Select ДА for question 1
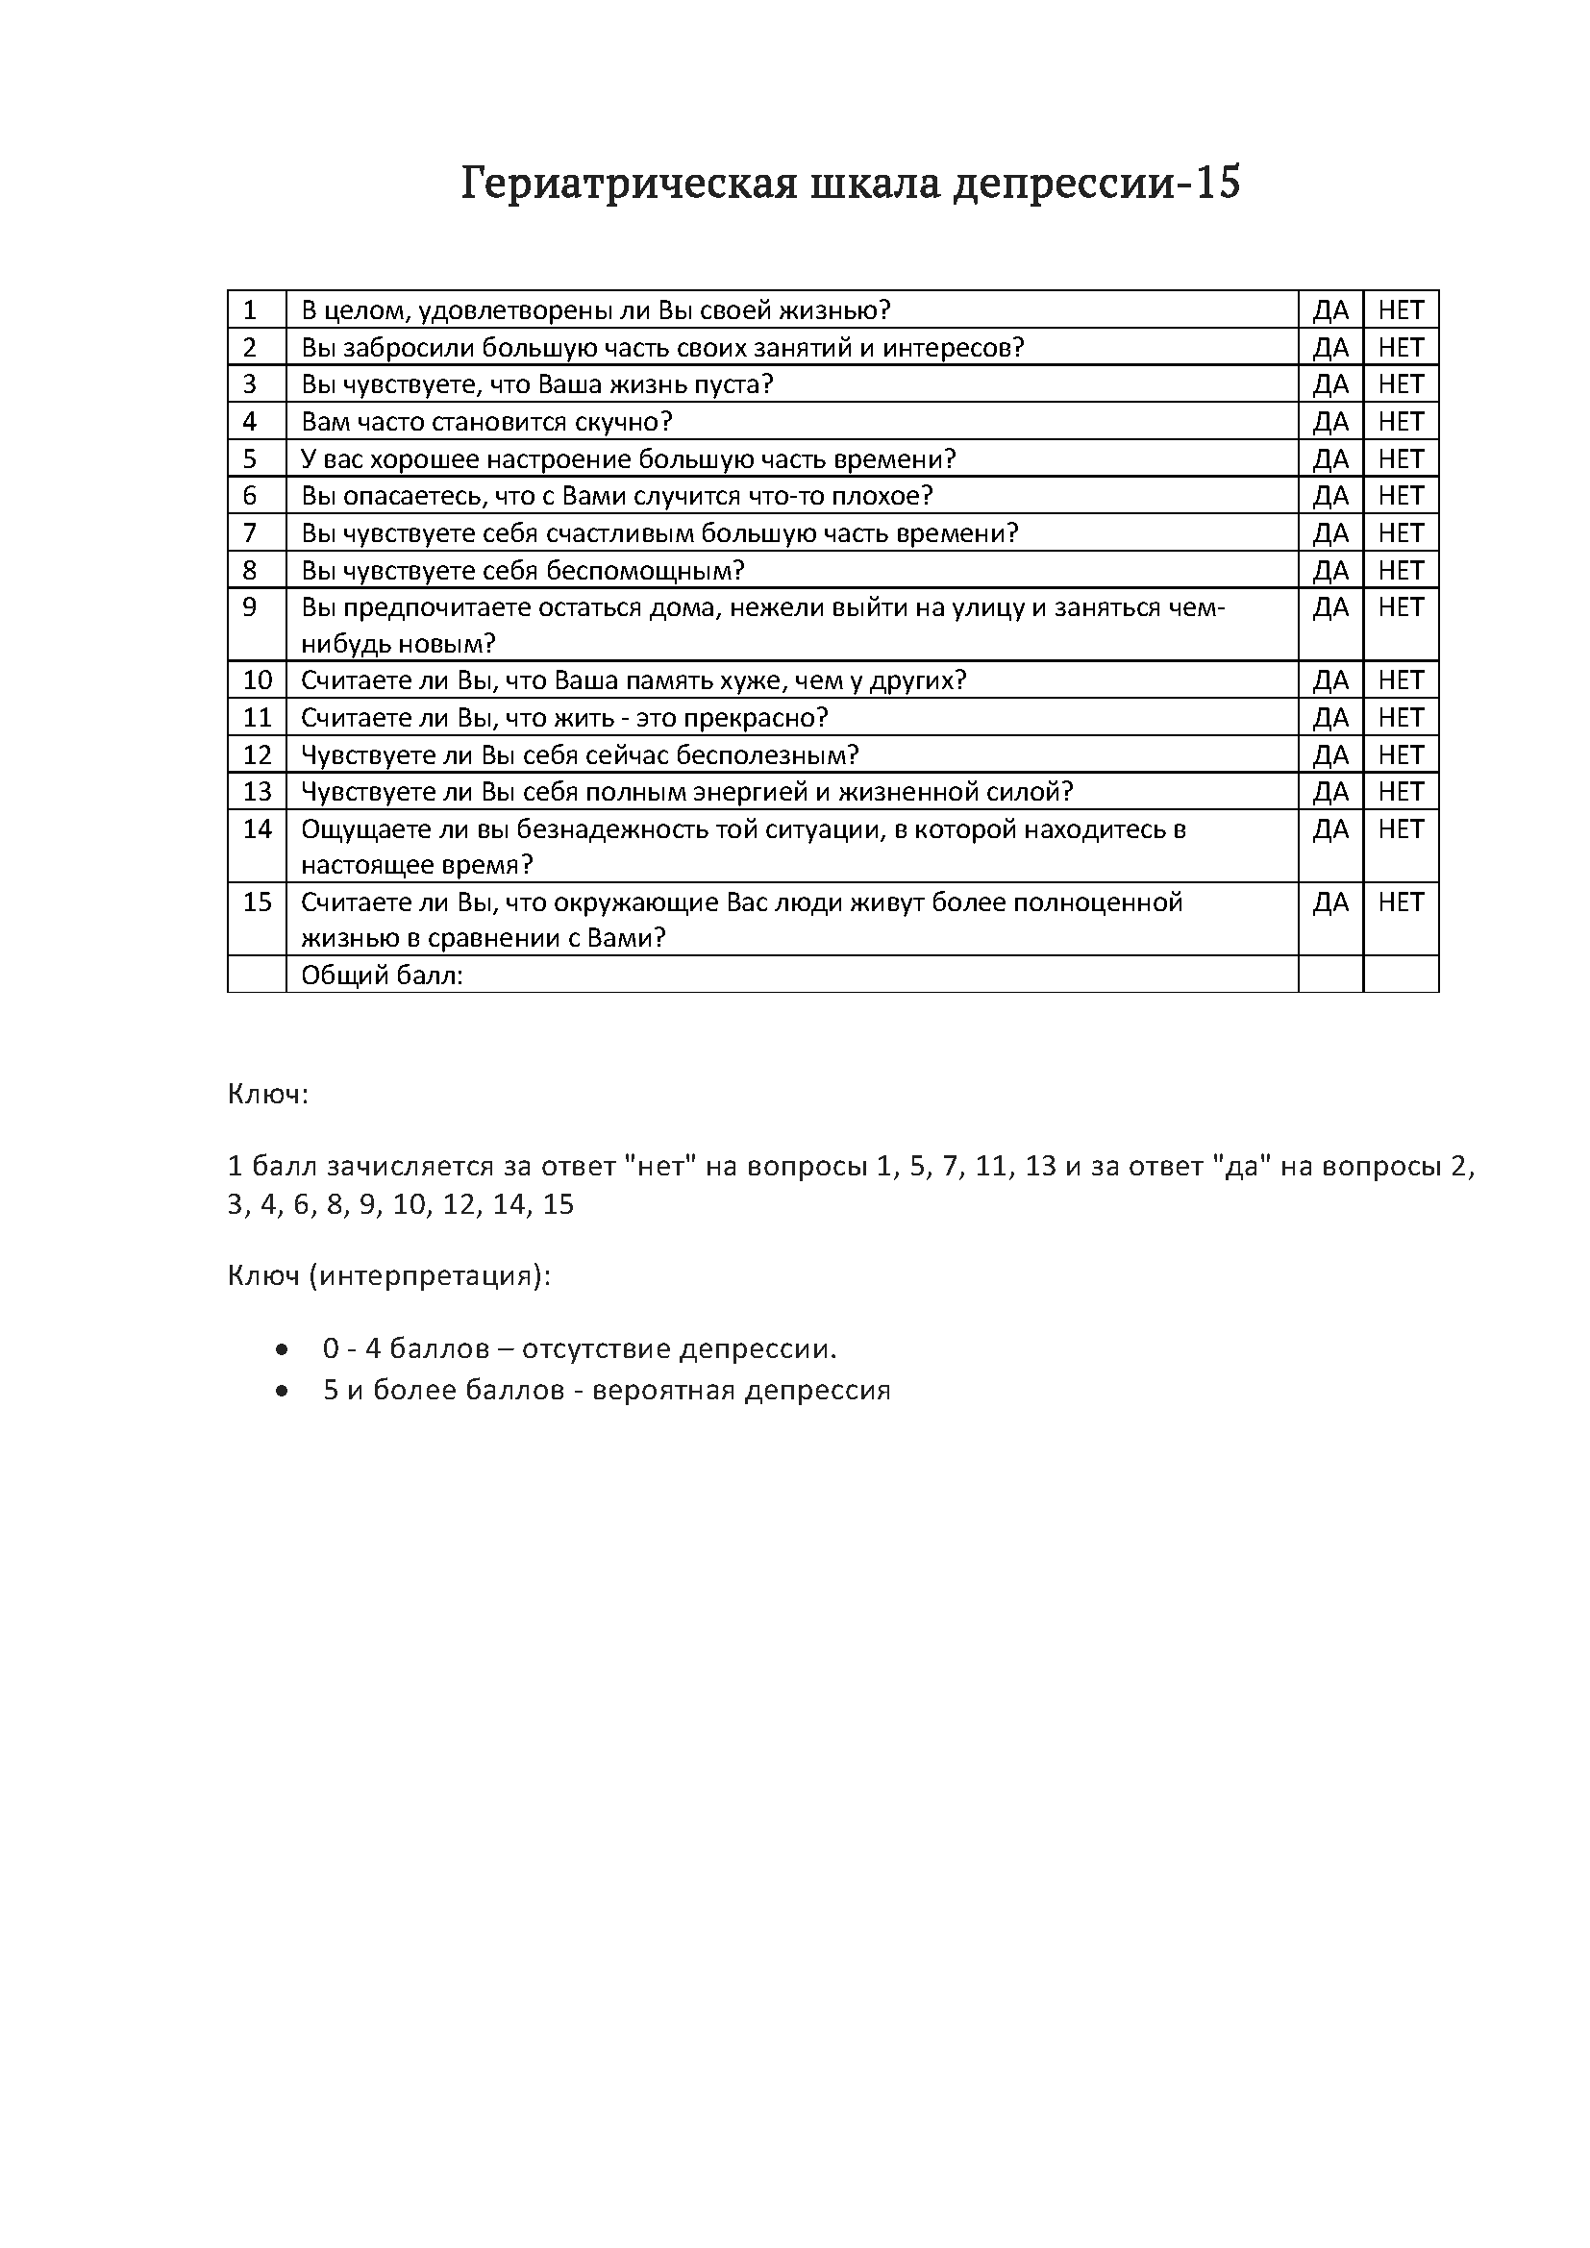1330,310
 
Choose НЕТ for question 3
1400,384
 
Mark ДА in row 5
1330,459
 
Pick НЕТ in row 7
1400,533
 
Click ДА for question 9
1330,608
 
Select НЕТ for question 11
1400,718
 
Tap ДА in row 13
1330,791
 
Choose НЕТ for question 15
1400,902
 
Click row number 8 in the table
250,571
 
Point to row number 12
257,754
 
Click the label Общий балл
382,976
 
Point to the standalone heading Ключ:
268,1094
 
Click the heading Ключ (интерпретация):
389,1276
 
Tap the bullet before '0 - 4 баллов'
283,1350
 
